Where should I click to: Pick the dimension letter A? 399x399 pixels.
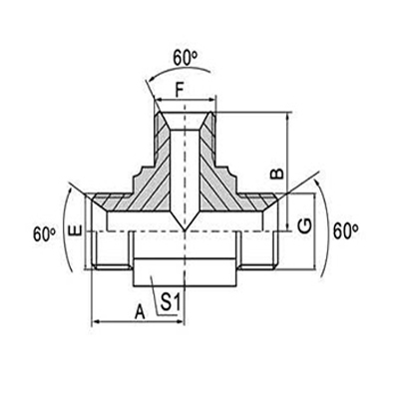tap(140, 310)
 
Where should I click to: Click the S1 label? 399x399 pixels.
tap(171, 299)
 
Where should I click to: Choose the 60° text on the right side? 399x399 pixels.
tap(345, 230)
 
